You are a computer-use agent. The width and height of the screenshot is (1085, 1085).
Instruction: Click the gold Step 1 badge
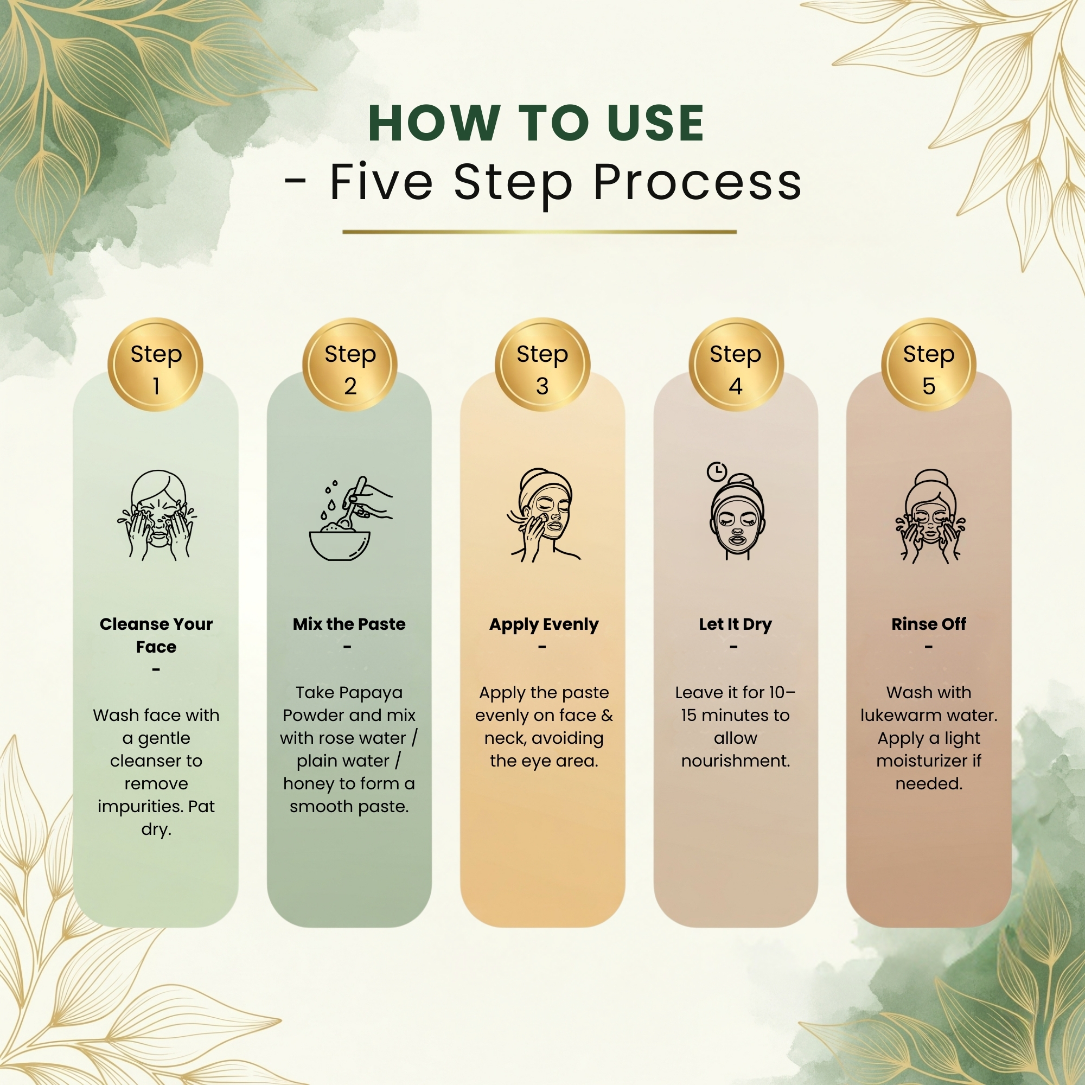pyautogui.click(x=155, y=365)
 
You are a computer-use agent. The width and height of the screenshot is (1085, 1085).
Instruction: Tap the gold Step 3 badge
pyautogui.click(x=542, y=365)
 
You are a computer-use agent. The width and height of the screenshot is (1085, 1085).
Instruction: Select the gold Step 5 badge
pyautogui.click(x=928, y=365)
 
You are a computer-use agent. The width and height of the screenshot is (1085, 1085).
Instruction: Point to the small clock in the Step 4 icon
pyautogui.click(x=717, y=471)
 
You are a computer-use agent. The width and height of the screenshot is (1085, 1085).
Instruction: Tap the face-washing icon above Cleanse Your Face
pyautogui.click(x=157, y=515)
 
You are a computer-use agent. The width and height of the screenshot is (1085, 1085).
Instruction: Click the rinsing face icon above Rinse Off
pyautogui.click(x=930, y=516)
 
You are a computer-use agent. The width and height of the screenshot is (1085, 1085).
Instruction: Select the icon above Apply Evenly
pyautogui.click(x=543, y=515)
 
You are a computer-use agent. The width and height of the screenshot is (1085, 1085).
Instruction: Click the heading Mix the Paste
pyautogui.click(x=349, y=624)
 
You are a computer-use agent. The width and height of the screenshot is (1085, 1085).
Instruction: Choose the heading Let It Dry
pyautogui.click(x=735, y=624)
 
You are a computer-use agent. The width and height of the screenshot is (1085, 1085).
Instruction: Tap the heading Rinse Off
pyautogui.click(x=929, y=624)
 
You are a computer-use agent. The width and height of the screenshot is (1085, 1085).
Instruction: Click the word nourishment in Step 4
pyautogui.click(x=735, y=761)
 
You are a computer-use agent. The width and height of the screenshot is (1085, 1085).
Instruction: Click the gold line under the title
pyautogui.click(x=539, y=232)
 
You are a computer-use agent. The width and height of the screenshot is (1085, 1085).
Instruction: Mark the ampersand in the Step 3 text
pyautogui.click(x=607, y=716)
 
